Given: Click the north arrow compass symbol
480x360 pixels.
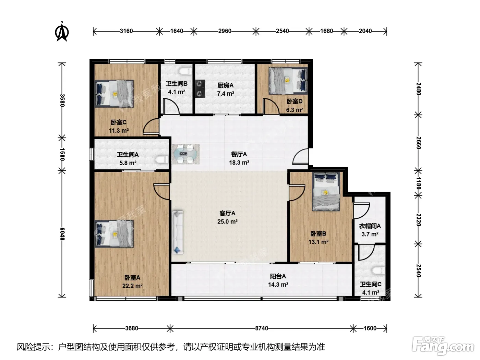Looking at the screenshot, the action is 62,32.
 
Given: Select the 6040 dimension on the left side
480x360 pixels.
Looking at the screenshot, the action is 62,234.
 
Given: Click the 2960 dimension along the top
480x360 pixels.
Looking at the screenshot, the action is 225,31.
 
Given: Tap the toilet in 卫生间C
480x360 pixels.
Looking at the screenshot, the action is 378,271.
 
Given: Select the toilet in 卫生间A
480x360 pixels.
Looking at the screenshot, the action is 162,160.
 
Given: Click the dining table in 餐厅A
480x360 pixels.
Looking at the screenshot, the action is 185,154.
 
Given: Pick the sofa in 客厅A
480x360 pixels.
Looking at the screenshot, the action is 178,232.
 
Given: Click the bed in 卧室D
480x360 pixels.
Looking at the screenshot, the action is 288,81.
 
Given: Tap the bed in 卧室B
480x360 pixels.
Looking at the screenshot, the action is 326,191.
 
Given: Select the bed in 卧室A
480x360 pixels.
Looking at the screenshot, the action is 114,234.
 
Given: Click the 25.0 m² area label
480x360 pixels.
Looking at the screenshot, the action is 227,221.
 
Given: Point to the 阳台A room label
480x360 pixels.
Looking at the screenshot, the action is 278,276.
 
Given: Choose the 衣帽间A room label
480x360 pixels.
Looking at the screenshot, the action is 370,226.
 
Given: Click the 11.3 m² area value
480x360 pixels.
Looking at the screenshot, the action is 119,131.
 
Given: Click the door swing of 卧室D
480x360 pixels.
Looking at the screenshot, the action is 271,106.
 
